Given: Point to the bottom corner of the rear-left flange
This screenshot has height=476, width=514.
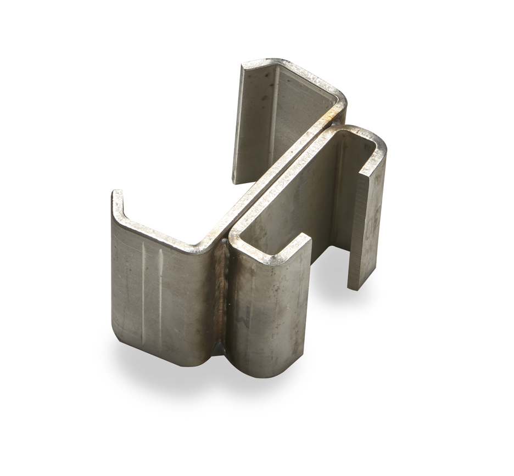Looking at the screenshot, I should click(235, 179).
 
